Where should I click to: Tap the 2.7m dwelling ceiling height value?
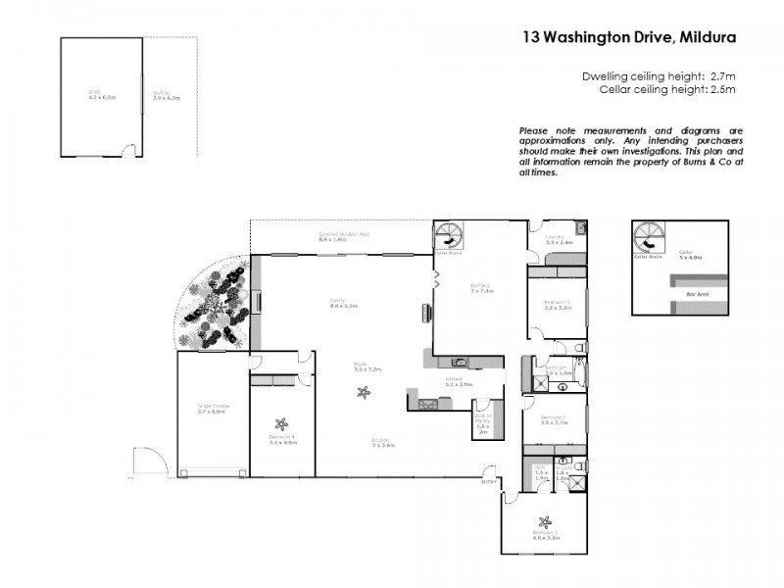tap(721, 75)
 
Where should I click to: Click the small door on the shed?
tap(125, 150)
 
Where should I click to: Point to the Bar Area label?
tap(699, 293)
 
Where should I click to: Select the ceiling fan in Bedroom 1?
tap(543, 521)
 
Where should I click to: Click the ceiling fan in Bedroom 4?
tap(281, 425)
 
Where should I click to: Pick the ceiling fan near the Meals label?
tap(364, 394)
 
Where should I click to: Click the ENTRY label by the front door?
tap(488, 481)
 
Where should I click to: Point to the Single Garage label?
tap(211, 406)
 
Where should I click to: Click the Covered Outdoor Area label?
tap(343, 234)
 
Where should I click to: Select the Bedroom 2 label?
tap(554, 417)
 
